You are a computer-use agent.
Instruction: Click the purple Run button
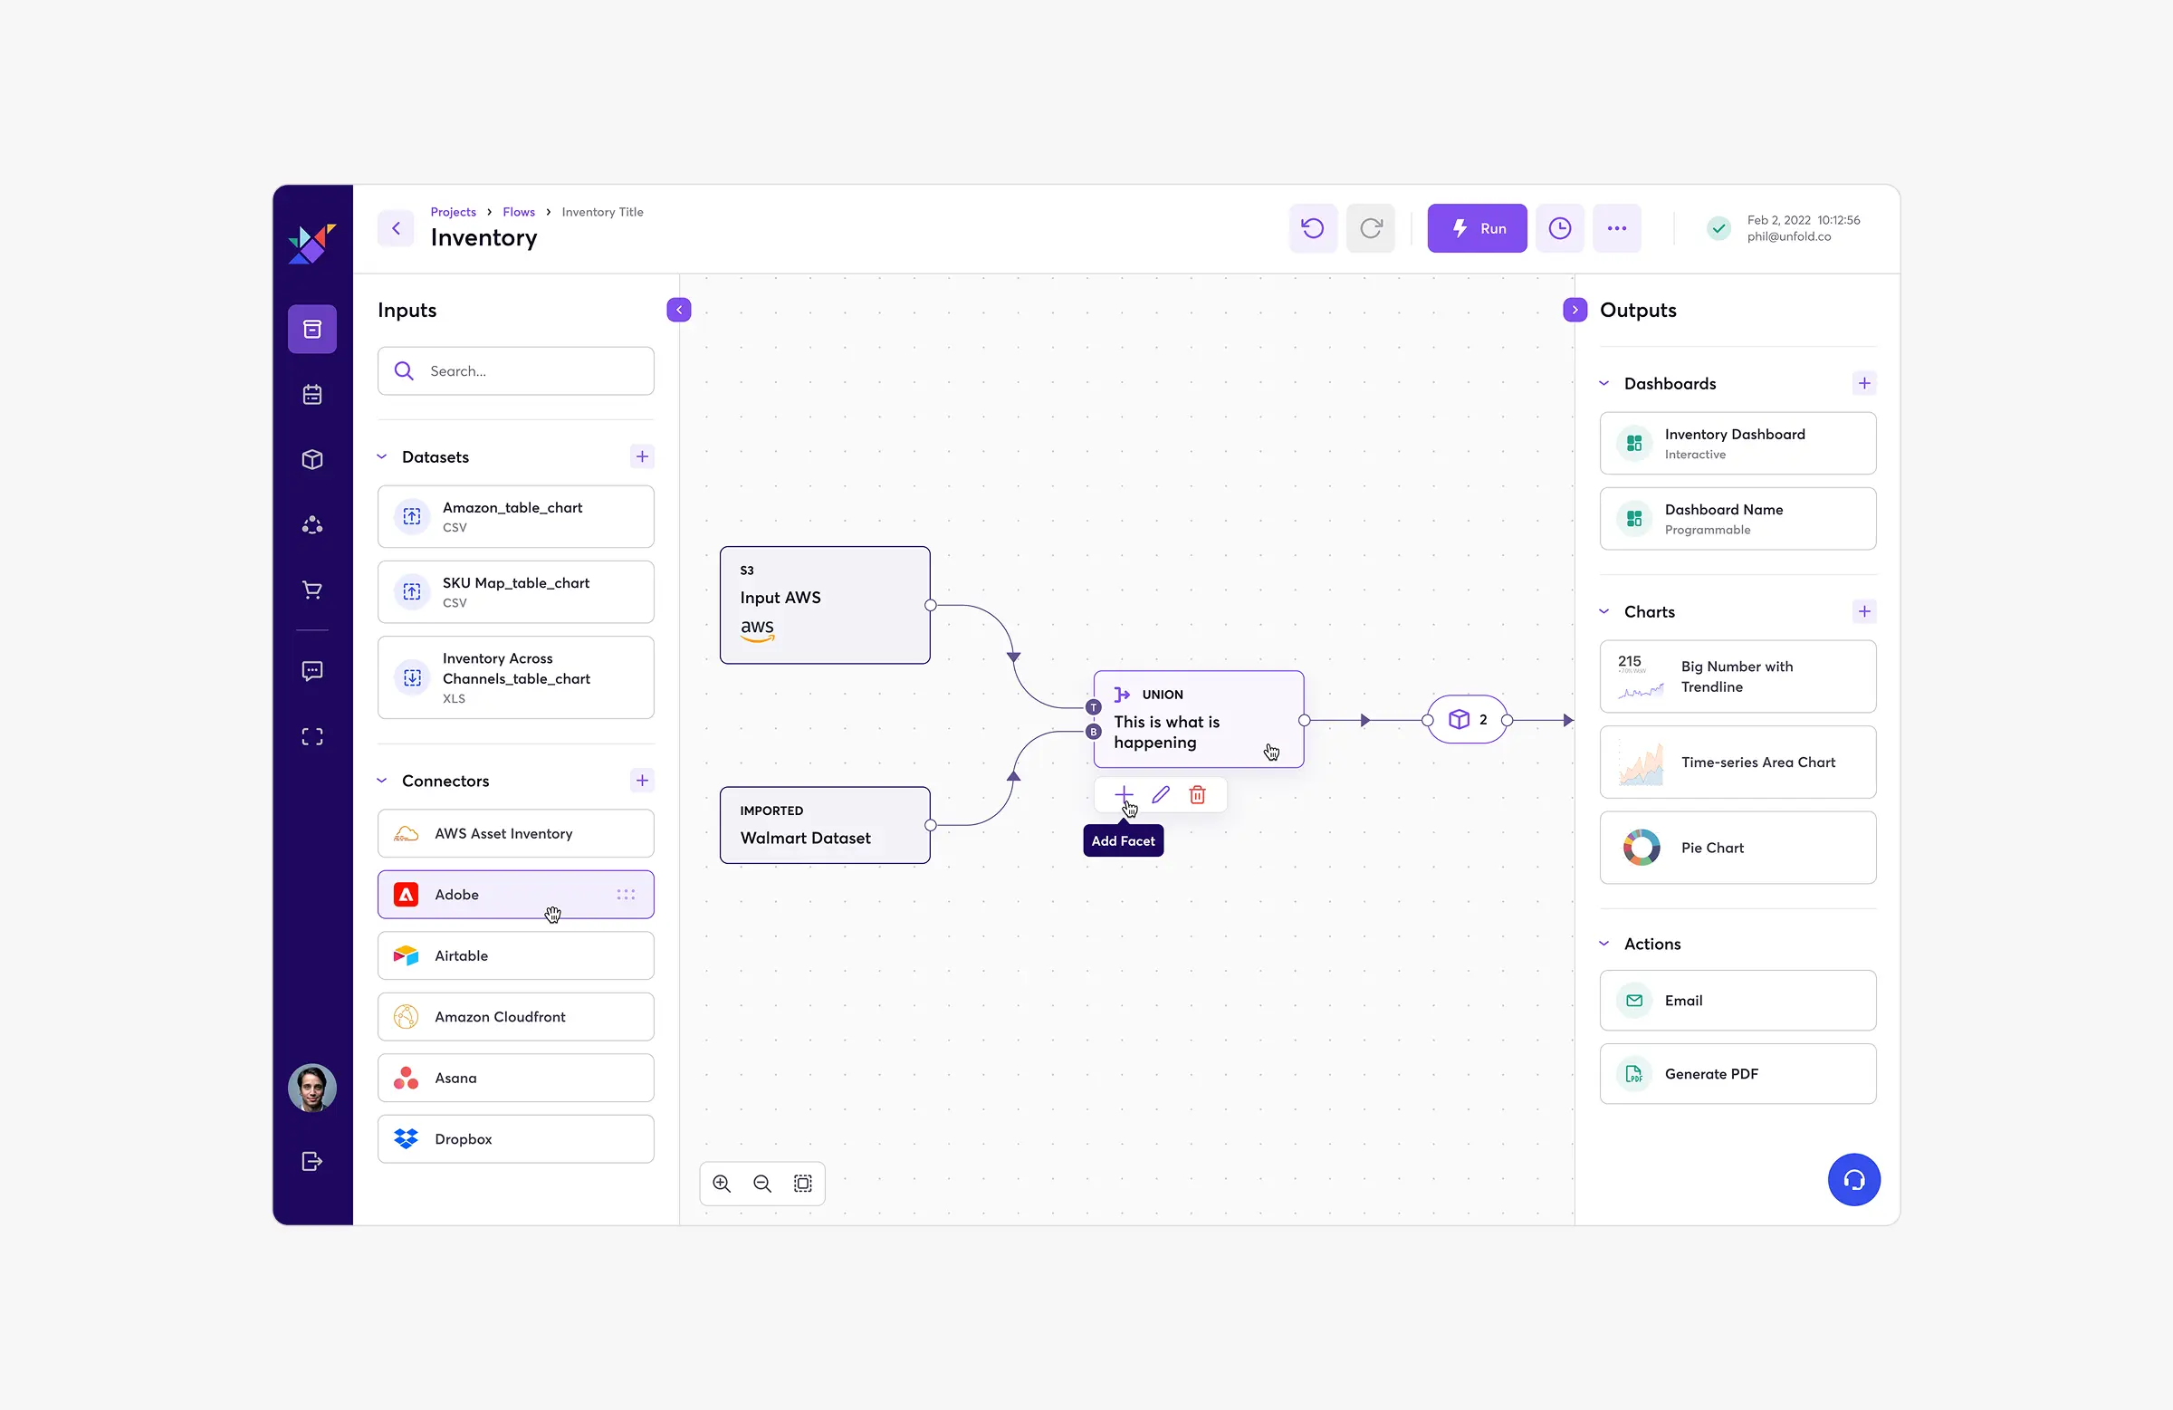coord(1477,228)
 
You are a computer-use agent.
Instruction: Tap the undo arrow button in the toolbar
coord(1312,228)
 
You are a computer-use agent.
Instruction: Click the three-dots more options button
coord(1616,228)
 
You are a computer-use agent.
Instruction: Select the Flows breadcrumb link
coord(519,212)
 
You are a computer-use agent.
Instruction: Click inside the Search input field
coord(530,370)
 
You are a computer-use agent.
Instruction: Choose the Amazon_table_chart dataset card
coord(515,517)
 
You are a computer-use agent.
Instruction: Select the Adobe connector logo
coord(407,895)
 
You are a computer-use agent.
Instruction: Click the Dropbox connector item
coord(515,1138)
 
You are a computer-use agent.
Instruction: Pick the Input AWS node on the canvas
coord(825,605)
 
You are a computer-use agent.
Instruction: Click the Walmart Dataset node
coord(825,826)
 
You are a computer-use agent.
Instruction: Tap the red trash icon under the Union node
coord(1197,794)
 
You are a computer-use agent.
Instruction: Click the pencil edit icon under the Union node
coord(1161,794)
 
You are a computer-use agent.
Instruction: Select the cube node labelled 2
coord(1468,720)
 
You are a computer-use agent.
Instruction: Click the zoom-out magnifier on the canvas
coord(761,1184)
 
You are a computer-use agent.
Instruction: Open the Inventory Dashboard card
coord(1737,443)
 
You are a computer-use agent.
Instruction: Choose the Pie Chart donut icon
coord(1641,848)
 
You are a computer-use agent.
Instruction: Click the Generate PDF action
coord(1737,1074)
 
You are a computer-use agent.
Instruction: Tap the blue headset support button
coord(1853,1179)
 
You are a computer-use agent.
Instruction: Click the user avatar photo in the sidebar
coord(312,1088)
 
